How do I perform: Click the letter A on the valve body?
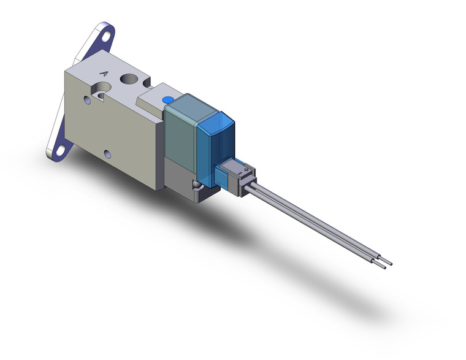point(104,73)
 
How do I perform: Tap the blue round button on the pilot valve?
point(167,99)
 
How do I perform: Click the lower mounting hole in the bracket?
point(59,148)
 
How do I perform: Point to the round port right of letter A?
point(129,79)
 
